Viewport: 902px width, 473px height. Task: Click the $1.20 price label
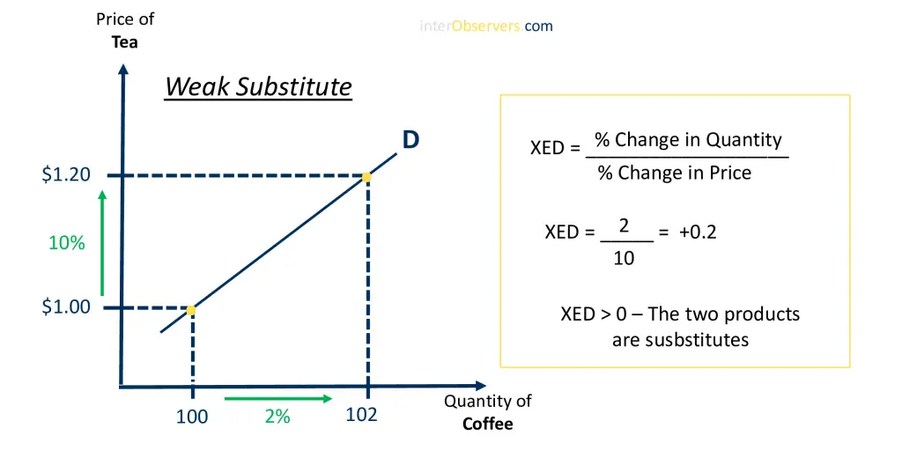point(66,174)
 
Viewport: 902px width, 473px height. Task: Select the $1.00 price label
point(66,307)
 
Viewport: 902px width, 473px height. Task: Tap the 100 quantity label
point(191,417)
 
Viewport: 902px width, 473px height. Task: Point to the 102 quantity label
point(361,415)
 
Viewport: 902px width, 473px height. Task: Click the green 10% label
point(67,243)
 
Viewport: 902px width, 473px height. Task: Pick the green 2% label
point(277,417)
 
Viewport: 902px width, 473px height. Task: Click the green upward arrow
point(102,243)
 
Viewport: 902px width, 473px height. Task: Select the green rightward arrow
point(278,398)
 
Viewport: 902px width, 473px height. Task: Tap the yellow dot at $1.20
point(366,177)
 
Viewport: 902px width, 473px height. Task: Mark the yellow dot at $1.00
point(191,310)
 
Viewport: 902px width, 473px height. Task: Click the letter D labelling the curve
point(410,140)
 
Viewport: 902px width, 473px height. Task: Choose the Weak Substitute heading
point(258,87)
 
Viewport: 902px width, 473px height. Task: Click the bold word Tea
point(125,42)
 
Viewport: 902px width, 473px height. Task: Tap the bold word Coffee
point(487,424)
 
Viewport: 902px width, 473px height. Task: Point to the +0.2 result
point(698,232)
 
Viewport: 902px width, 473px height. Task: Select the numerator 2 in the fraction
point(625,225)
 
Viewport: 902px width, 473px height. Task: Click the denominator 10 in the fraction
point(624,258)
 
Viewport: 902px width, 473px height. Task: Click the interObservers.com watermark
point(486,26)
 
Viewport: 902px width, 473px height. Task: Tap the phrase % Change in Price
point(674,173)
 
